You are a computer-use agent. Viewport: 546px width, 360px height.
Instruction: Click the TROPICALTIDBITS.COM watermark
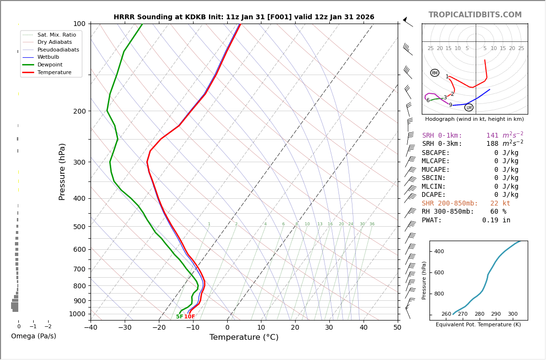click(475, 15)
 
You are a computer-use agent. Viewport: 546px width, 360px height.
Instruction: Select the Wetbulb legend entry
click(49, 57)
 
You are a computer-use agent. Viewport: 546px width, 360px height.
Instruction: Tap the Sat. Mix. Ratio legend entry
click(56, 35)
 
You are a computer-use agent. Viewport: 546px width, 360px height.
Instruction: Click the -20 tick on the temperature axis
click(159, 328)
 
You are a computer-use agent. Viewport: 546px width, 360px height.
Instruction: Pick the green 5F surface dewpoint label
click(179, 317)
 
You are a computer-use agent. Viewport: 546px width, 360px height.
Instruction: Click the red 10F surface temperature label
click(190, 317)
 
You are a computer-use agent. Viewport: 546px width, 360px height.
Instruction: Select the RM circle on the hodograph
click(435, 73)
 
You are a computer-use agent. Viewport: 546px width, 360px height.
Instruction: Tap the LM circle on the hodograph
click(469, 107)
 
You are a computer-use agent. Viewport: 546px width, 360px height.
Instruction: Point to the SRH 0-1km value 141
click(492, 136)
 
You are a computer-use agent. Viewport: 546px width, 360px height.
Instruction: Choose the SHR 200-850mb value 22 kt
click(500, 204)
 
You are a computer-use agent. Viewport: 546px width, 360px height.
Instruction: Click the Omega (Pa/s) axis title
click(34, 336)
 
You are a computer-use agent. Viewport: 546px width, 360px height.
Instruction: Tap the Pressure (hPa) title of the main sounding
click(62, 171)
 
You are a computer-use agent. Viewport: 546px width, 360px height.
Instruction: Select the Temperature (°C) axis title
click(244, 337)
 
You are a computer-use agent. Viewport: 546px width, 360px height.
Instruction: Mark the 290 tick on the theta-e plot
click(496, 314)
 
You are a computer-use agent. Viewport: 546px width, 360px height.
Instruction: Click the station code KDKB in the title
click(202, 17)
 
